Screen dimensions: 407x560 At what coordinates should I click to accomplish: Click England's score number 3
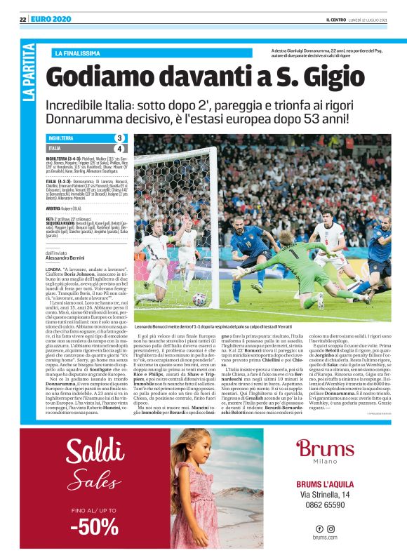(x=119, y=138)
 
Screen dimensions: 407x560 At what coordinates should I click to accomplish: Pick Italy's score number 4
(x=119, y=149)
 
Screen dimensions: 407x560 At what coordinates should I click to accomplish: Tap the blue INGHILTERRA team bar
(x=77, y=138)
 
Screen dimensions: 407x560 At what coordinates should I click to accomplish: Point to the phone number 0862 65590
(x=324, y=505)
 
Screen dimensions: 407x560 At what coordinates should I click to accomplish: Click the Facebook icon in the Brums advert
(x=319, y=528)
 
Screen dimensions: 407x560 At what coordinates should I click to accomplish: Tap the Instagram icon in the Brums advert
(x=331, y=528)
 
